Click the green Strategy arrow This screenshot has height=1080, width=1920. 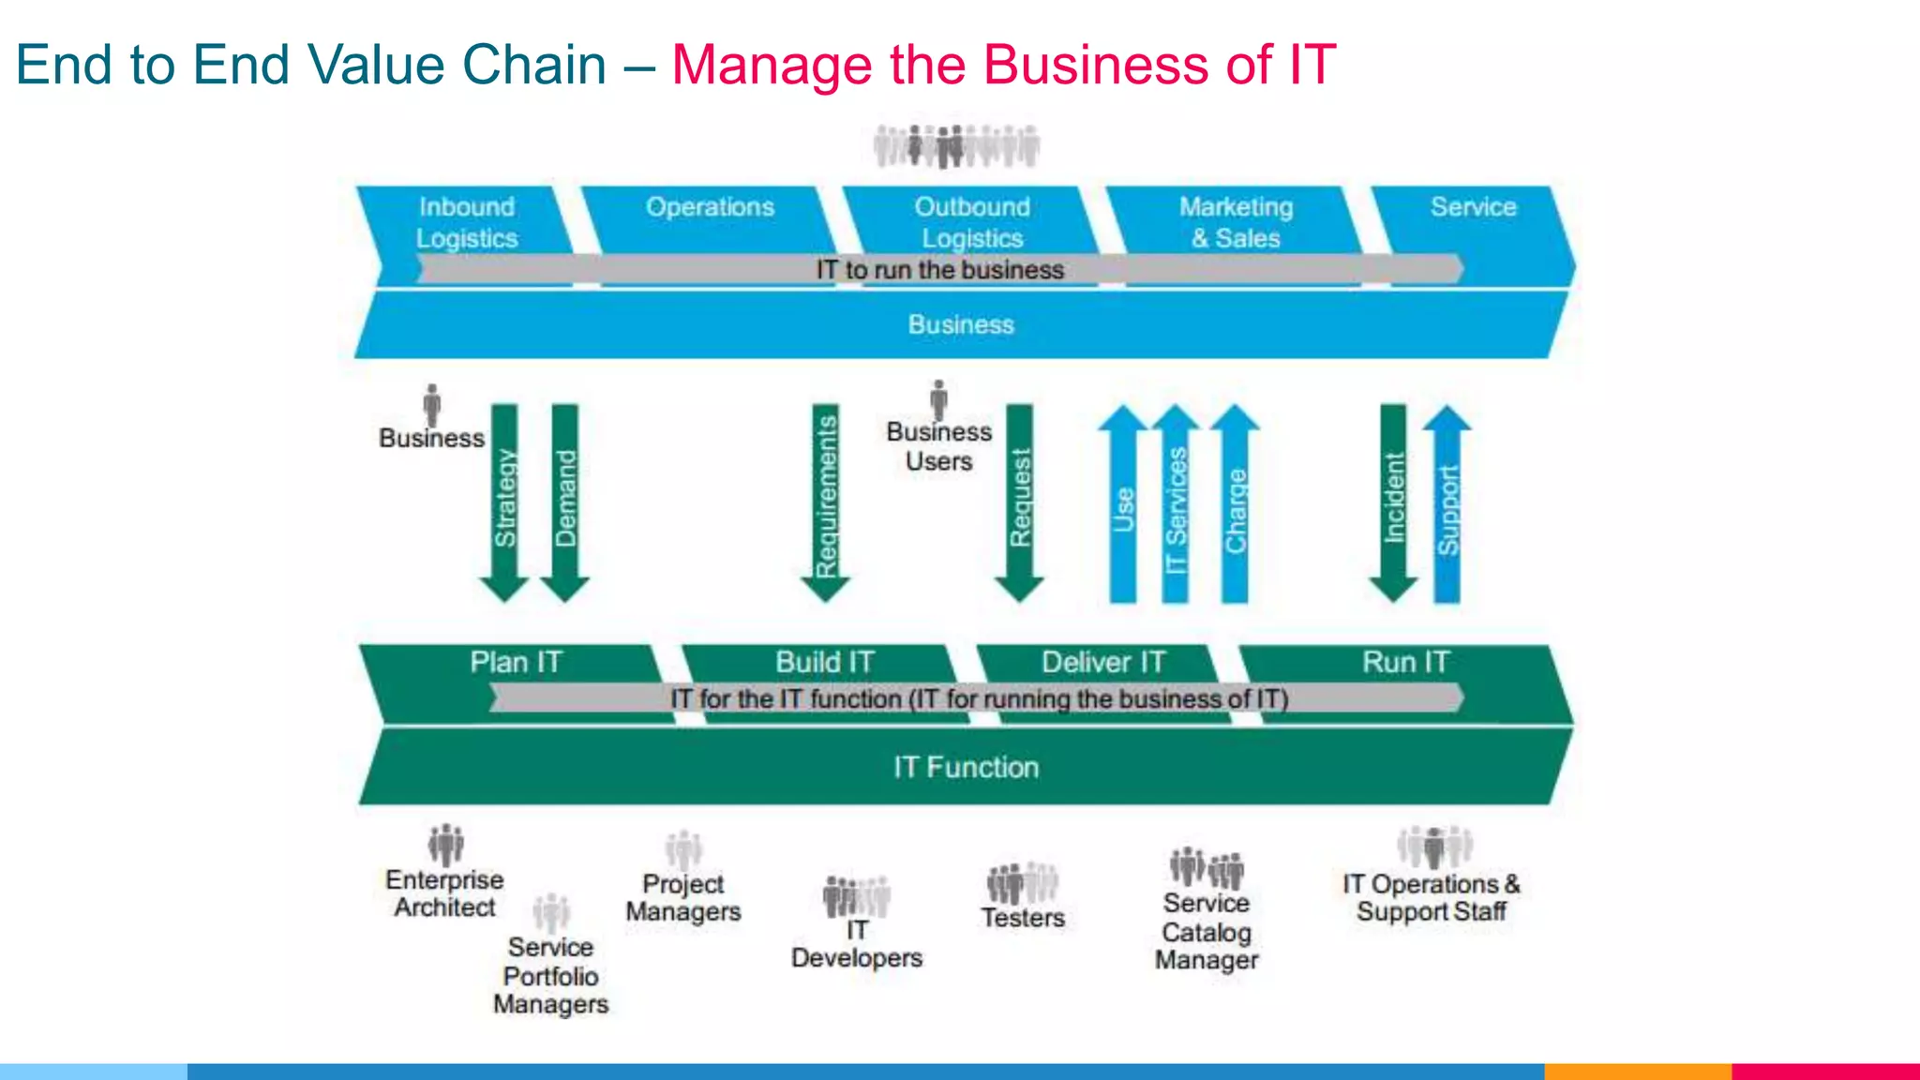pos(504,502)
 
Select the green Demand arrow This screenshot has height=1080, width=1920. pos(565,502)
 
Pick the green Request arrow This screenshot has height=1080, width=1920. pos(1019,502)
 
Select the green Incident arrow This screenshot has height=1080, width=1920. pos(1393,502)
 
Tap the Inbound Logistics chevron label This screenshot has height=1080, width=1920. pos(467,222)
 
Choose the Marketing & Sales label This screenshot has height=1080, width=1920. pos(1236,222)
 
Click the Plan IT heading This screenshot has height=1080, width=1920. pos(516,663)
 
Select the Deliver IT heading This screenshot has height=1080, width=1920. pos(1103,663)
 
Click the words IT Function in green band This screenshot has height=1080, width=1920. pos(966,768)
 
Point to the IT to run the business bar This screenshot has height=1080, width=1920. pos(939,270)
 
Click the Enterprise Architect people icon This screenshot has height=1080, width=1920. pos(446,845)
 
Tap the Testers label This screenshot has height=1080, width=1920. pos(1023,918)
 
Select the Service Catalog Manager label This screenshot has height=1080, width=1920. pos(1207,932)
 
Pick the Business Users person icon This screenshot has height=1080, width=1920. pos(938,399)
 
